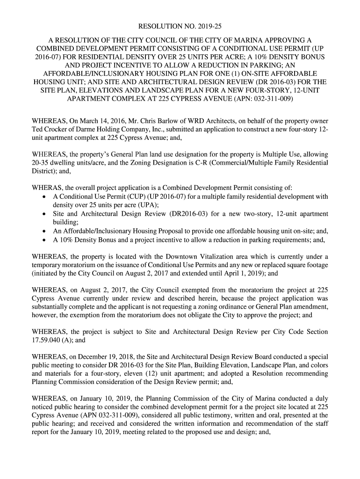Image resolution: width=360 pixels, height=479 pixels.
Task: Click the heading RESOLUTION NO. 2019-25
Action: coord(180,27)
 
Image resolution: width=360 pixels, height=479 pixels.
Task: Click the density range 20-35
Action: coord(40,162)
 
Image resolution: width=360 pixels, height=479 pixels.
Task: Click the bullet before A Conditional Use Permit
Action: coord(43,196)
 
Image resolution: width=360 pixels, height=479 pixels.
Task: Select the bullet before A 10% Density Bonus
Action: coord(43,241)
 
